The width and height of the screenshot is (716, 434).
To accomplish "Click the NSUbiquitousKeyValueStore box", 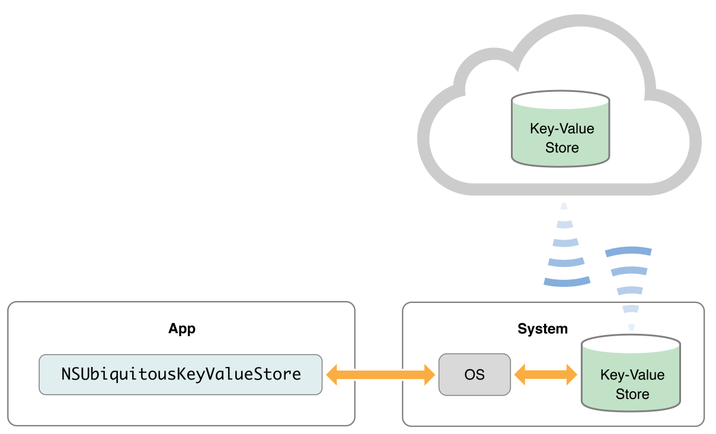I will pyautogui.click(x=181, y=375).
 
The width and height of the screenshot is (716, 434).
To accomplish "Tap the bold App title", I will pyautogui.click(x=181, y=329).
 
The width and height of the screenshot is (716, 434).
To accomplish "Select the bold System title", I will pyautogui.click(x=542, y=329).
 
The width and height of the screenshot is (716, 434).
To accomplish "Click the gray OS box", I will pyautogui.click(x=474, y=375).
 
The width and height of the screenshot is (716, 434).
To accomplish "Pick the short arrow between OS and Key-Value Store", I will pyautogui.click(x=545, y=375).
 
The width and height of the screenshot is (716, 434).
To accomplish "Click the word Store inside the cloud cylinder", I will pyautogui.click(x=561, y=147).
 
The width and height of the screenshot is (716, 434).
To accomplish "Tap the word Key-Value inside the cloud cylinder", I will pyautogui.click(x=561, y=129).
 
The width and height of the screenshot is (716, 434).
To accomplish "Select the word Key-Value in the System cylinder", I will pyautogui.click(x=632, y=375).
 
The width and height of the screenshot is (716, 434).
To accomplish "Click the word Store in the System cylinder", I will pyautogui.click(x=632, y=394).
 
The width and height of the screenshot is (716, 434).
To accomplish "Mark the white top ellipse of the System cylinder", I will pyautogui.click(x=631, y=343).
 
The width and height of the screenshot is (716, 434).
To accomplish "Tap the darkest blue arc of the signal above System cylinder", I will pyautogui.click(x=628, y=251).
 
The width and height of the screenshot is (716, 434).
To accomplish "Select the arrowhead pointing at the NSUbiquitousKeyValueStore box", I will pyautogui.click(x=333, y=375).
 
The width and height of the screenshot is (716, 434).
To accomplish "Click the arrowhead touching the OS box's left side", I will pyautogui.click(x=429, y=375).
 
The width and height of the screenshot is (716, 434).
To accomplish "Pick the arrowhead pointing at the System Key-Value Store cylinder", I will pyautogui.click(x=570, y=375).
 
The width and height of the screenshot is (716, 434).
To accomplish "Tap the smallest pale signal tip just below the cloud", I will pyautogui.click(x=564, y=206).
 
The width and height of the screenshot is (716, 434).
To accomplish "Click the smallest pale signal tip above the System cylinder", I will pyautogui.click(x=631, y=327).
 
